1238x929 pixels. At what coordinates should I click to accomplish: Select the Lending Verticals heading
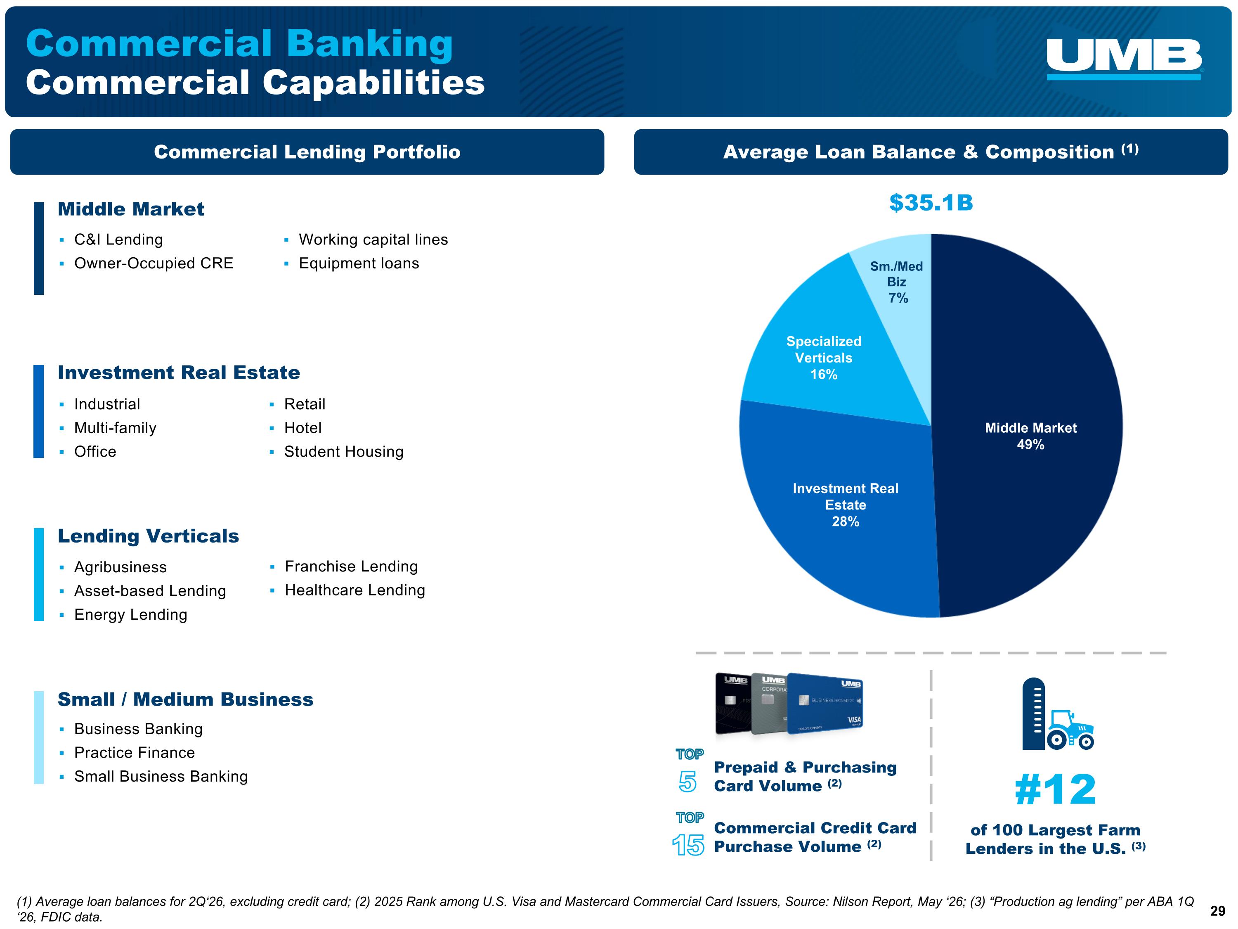pos(148,536)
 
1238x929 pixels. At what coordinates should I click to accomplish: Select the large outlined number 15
pos(688,845)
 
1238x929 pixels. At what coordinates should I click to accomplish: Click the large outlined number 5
pos(688,782)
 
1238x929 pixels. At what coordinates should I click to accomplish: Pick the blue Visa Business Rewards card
pos(825,703)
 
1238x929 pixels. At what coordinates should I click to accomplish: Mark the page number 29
pos(1218,911)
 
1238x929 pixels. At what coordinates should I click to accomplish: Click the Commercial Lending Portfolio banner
pos(307,152)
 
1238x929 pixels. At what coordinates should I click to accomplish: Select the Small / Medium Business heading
pos(185,699)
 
